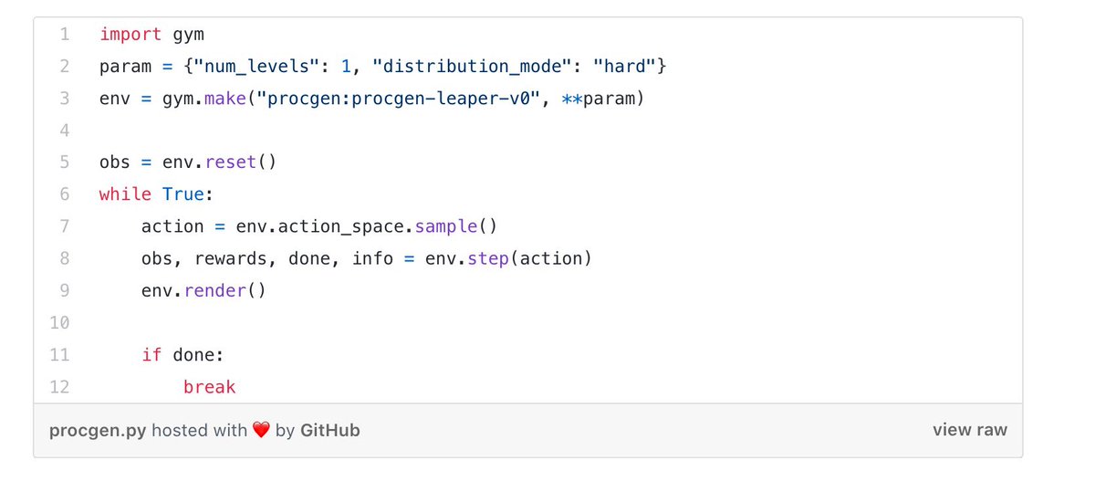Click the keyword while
coord(125,194)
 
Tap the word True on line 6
coord(183,194)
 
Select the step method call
coord(488,258)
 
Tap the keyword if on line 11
coord(151,354)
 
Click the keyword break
coord(209,386)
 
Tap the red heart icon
coord(261,430)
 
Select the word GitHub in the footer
coord(329,429)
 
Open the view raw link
coord(970,429)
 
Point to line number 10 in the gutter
coord(59,322)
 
